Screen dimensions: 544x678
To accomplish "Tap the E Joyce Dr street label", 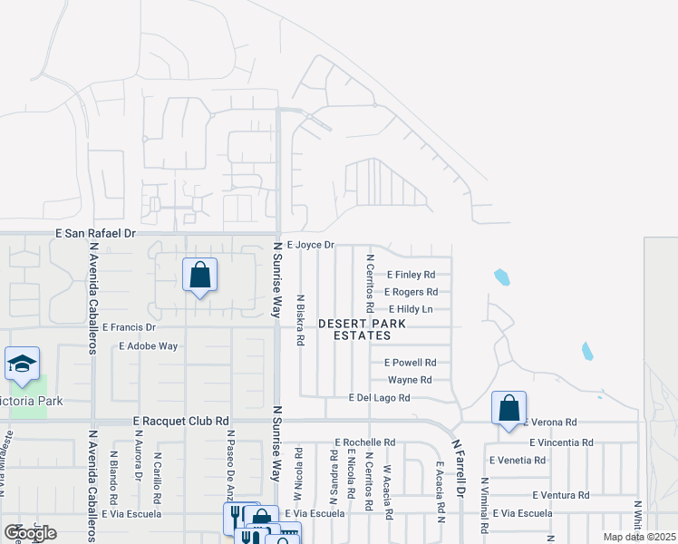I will (311, 245).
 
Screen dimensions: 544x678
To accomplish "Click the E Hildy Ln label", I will (411, 309).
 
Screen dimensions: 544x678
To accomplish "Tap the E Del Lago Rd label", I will (379, 398).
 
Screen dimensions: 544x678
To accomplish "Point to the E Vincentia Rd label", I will (561, 442).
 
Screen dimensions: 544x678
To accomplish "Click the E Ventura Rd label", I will (561, 495).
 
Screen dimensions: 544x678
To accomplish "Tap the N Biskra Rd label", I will (300, 319).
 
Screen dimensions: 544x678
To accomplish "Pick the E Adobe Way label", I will (149, 345).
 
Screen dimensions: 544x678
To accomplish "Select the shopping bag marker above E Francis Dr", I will (199, 275).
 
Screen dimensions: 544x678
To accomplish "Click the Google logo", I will (30, 533).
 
